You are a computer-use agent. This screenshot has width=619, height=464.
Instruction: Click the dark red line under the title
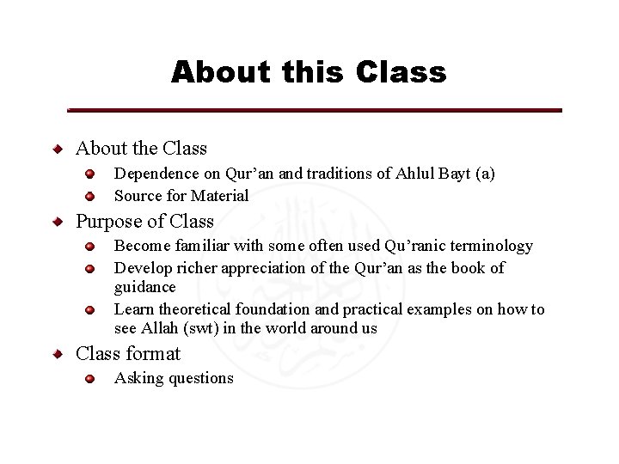pyautogui.click(x=315, y=111)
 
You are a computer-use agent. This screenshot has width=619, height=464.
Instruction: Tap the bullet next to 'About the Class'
pyautogui.click(x=58, y=149)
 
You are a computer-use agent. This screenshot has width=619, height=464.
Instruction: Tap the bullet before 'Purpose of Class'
pyautogui.click(x=58, y=222)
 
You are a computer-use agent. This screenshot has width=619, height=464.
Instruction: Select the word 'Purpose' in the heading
pyautogui.click(x=107, y=221)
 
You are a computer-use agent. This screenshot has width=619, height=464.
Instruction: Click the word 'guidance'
pyautogui.click(x=144, y=287)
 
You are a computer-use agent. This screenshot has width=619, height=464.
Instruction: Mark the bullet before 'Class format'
pyautogui.click(x=58, y=353)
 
